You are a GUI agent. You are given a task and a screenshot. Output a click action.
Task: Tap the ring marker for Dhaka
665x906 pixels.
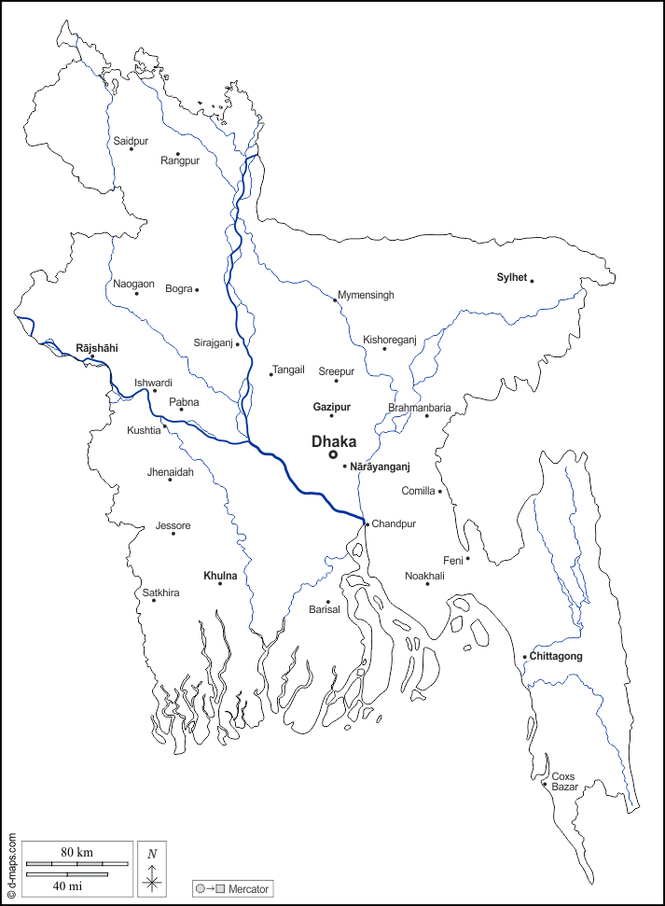click(333, 454)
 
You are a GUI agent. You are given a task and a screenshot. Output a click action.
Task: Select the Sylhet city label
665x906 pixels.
click(512, 277)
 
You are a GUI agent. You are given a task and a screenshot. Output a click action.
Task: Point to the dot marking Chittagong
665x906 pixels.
click(525, 657)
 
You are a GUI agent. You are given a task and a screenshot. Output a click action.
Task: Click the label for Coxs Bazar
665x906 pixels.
click(564, 782)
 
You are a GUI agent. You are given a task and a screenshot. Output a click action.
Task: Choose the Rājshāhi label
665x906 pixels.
click(96, 347)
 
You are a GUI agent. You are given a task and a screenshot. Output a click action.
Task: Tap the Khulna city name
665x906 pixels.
click(220, 576)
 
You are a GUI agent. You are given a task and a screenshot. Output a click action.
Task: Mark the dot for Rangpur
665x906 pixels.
click(177, 154)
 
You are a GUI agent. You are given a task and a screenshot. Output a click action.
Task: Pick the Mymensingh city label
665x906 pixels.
click(366, 295)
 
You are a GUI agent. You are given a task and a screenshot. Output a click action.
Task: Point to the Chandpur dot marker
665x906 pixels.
click(367, 524)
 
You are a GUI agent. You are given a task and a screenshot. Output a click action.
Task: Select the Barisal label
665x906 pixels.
click(325, 609)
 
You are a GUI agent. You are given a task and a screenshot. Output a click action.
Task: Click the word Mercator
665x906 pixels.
click(248, 889)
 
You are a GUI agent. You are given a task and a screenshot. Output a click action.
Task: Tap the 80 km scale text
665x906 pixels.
click(77, 853)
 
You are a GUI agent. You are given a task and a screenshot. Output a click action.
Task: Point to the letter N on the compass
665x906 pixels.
click(152, 853)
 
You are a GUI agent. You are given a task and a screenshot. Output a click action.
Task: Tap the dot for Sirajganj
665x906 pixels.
click(238, 343)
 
